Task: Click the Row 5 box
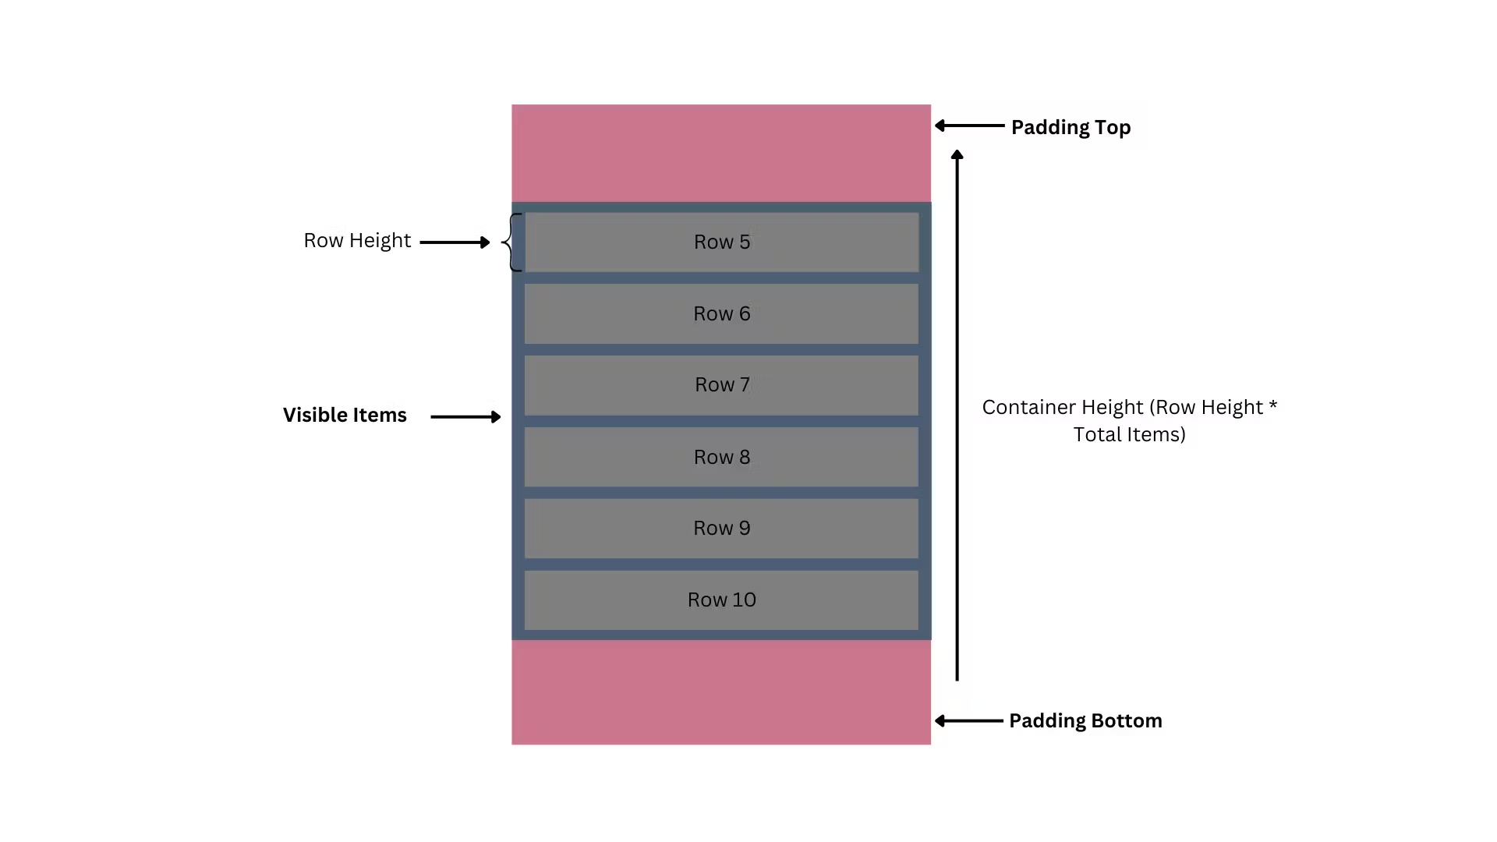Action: point(721,242)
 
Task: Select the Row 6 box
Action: point(721,313)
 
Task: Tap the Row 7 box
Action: point(721,385)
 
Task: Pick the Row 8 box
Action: point(721,457)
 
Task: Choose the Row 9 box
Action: point(721,529)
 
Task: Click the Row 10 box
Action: point(721,600)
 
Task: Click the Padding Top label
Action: point(1071,127)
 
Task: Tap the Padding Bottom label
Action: point(1085,720)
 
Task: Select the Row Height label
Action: point(357,241)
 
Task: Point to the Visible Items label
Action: point(345,415)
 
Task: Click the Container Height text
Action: point(1130,421)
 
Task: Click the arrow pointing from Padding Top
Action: point(969,126)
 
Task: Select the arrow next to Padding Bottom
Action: point(968,721)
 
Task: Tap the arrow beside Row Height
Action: point(455,242)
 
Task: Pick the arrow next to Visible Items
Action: point(465,417)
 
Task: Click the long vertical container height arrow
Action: point(957,416)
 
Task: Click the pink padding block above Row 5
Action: point(721,154)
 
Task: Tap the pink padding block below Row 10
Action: point(721,692)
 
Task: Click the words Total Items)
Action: point(1130,434)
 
